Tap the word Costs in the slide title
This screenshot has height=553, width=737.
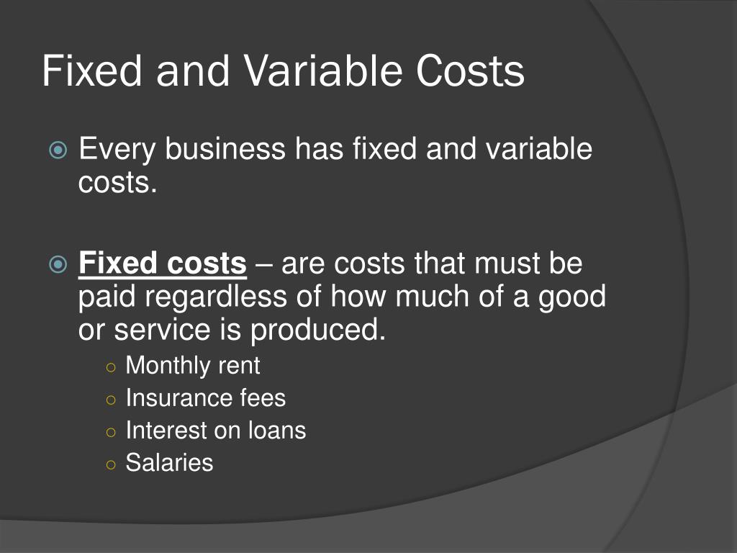(x=470, y=73)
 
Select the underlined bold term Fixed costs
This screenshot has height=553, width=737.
(x=163, y=264)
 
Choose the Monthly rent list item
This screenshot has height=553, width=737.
(x=192, y=366)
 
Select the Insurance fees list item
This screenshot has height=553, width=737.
(x=205, y=398)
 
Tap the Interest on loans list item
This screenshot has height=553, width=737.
(x=215, y=431)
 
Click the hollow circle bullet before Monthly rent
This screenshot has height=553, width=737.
(x=110, y=367)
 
